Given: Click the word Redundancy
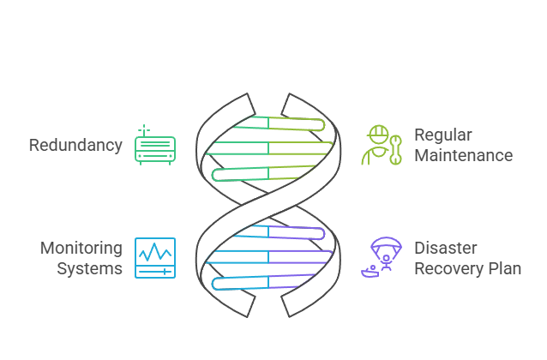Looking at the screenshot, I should tap(75, 145).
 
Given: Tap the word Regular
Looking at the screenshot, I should tap(443, 135).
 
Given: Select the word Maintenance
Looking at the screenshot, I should tap(464, 155).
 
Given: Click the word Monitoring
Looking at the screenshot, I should tap(81, 248).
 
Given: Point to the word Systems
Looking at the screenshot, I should tap(90, 268).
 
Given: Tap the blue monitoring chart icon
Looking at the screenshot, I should tap(155, 258).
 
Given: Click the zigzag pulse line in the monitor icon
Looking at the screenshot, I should tap(155, 253).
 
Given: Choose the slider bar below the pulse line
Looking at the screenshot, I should tap(155, 270).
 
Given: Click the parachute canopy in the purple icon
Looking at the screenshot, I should tap(383, 246).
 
